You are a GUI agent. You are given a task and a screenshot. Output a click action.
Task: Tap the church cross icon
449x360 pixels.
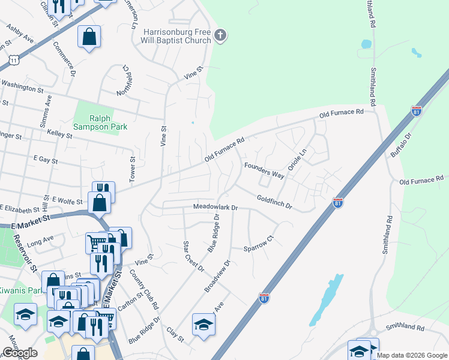coord(220,35)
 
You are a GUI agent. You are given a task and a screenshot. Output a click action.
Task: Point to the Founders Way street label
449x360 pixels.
coord(264,170)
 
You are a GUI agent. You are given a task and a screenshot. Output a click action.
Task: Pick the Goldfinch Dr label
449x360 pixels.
coord(274,202)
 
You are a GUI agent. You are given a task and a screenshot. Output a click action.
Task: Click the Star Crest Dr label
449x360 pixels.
coord(193,256)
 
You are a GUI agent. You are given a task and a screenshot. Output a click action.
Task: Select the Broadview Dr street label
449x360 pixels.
coord(217,277)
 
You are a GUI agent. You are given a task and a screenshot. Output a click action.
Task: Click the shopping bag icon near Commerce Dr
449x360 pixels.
coord(89,37)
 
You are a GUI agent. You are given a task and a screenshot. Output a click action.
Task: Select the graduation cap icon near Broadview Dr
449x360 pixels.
coord(204,325)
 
